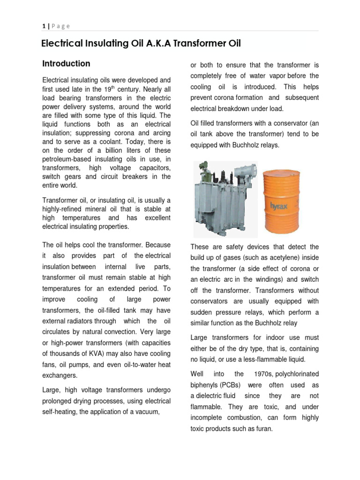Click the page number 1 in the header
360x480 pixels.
pos(44,26)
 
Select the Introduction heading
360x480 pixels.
pos(66,64)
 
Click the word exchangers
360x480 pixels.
pos(60,375)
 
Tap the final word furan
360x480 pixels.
pos(263,428)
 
